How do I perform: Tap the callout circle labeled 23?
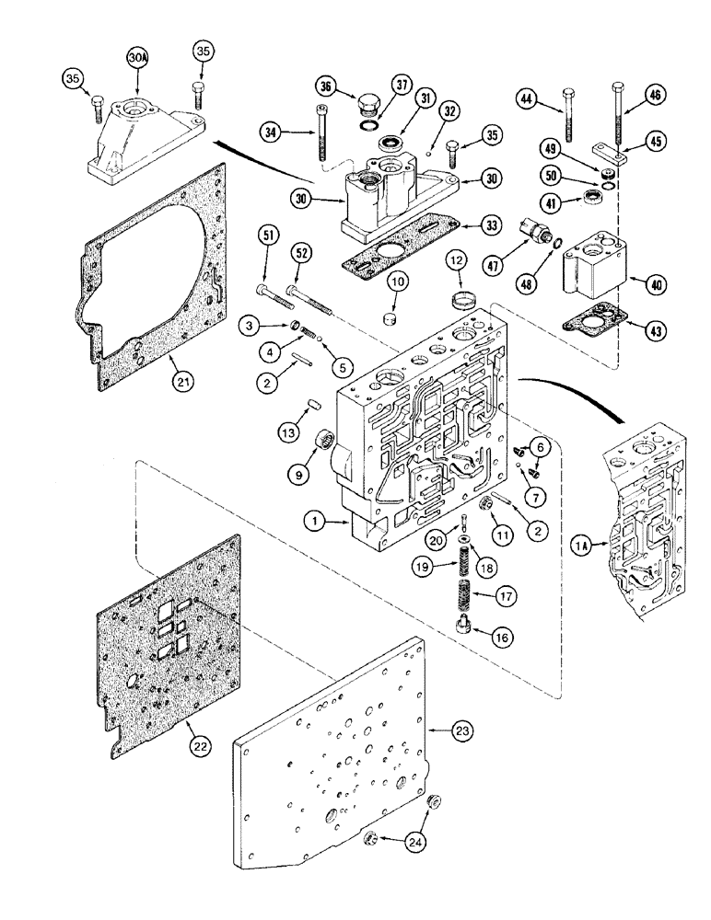click(x=464, y=731)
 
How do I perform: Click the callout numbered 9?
click(x=299, y=475)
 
